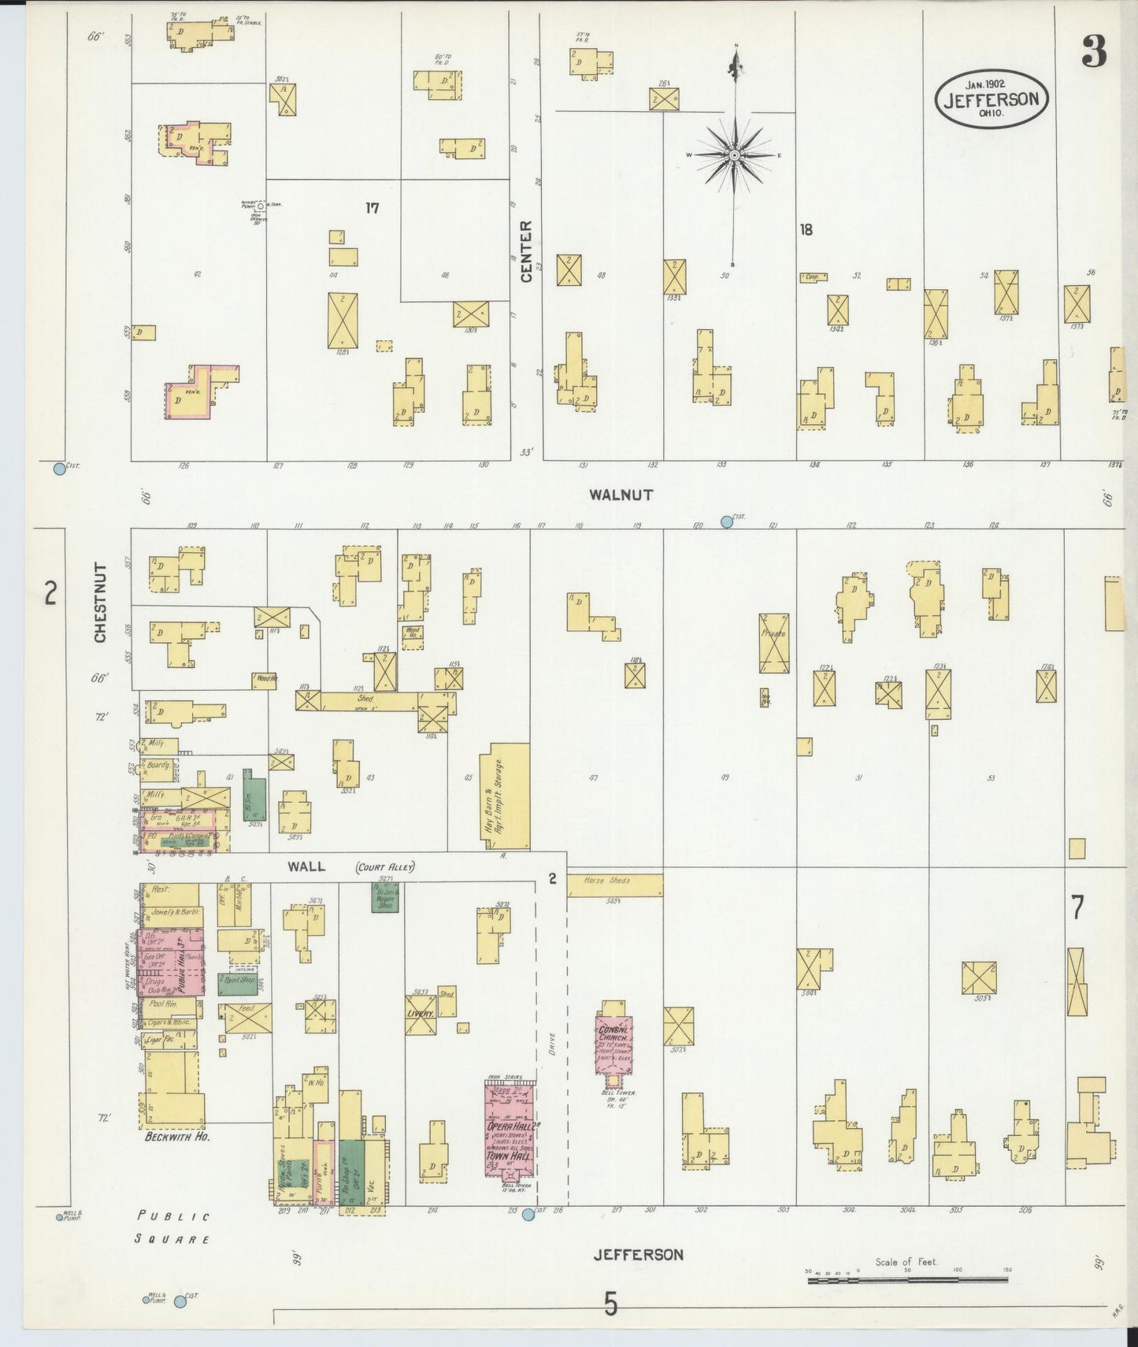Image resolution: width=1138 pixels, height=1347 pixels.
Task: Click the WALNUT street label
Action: click(x=621, y=495)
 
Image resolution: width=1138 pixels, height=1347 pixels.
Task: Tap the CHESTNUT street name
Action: click(x=100, y=603)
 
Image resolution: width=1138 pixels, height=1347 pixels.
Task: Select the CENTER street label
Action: click(x=526, y=250)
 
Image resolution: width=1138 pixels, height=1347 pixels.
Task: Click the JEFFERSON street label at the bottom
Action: click(x=638, y=1255)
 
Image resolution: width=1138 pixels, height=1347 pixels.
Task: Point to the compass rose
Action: click(x=734, y=155)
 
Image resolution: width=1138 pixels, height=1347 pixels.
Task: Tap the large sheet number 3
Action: click(x=1093, y=52)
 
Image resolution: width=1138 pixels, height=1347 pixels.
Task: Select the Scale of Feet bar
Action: click(x=907, y=1279)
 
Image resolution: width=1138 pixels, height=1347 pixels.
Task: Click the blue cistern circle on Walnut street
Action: click(x=726, y=521)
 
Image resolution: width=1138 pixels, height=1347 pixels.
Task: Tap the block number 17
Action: click(x=372, y=208)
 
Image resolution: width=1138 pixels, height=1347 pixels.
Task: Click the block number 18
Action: click(x=806, y=230)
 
